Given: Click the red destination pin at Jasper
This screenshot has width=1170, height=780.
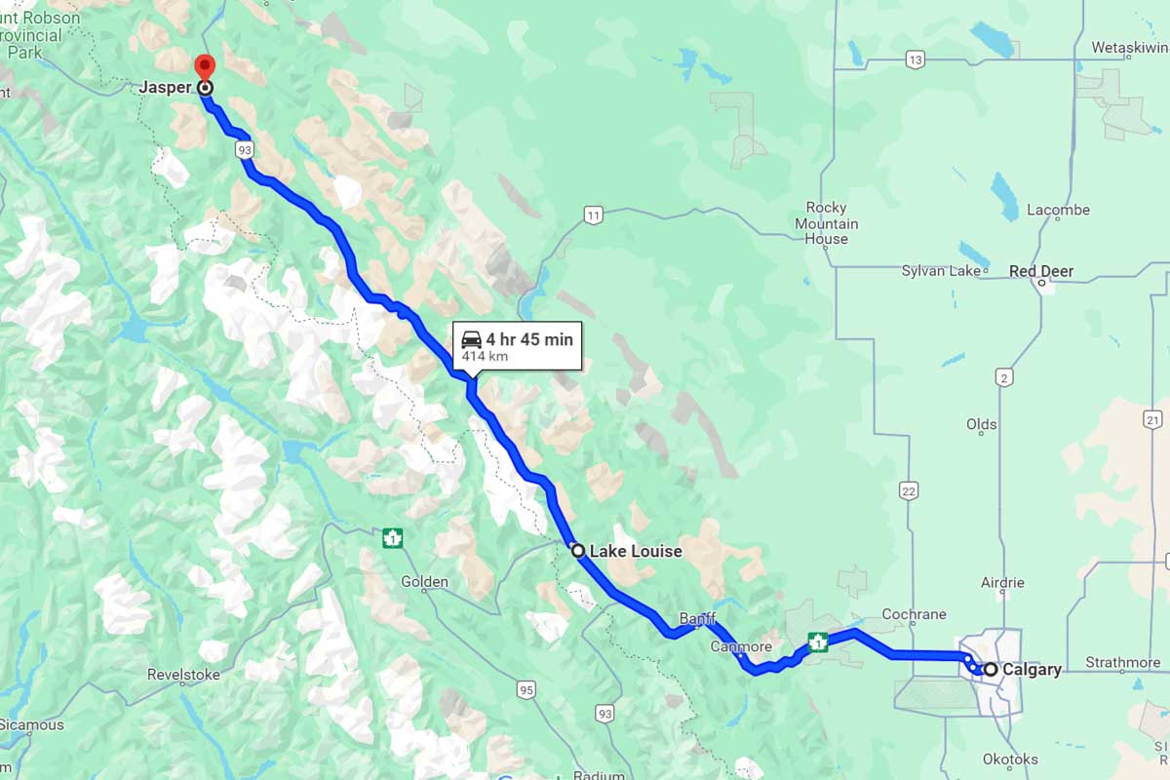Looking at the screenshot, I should click(x=205, y=66).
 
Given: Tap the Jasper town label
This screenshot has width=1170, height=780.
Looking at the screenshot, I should click(x=165, y=88).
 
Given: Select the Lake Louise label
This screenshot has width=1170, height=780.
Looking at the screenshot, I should click(x=636, y=551).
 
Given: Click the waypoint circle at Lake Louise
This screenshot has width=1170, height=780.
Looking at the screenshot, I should click(x=578, y=551).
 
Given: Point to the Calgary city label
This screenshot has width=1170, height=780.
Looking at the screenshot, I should click(x=1031, y=670).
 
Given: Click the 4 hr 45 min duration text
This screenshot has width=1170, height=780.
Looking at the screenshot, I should click(x=529, y=339).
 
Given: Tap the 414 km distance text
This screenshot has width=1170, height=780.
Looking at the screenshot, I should click(x=485, y=357).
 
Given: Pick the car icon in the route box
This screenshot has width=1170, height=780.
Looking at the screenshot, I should click(x=472, y=339).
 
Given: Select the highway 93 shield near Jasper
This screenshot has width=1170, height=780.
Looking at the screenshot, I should click(x=245, y=149).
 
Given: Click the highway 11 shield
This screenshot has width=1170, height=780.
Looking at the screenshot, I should click(x=593, y=214).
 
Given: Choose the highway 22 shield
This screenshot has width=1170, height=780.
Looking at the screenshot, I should click(x=909, y=491).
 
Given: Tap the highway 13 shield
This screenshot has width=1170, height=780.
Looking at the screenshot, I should click(x=914, y=60).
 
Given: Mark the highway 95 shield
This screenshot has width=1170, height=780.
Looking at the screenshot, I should click(x=526, y=690).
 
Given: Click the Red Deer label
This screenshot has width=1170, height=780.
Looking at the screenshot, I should click(x=1041, y=272).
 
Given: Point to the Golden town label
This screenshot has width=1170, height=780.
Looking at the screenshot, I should click(x=424, y=582).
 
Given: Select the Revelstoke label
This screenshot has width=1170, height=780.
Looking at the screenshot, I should click(x=183, y=675).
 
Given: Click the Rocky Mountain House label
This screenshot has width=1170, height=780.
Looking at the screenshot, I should click(x=827, y=223).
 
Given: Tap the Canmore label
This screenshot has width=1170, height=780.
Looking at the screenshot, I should click(x=741, y=646).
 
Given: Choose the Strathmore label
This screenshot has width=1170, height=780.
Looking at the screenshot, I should click(x=1123, y=663).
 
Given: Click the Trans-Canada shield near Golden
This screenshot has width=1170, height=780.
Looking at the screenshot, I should click(x=393, y=537).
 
